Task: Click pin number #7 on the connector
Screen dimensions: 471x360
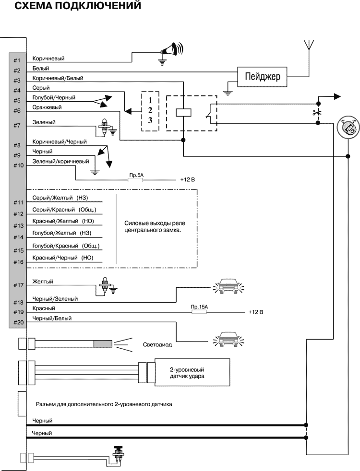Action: (x=17, y=126)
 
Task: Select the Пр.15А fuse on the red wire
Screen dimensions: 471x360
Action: (x=199, y=311)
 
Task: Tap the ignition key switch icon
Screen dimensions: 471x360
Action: (x=346, y=128)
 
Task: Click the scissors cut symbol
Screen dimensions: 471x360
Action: (x=317, y=113)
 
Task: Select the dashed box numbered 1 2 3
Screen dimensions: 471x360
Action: (x=150, y=111)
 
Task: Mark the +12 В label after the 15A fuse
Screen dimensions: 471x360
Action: (x=256, y=312)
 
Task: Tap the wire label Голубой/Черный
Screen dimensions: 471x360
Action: (x=53, y=97)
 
